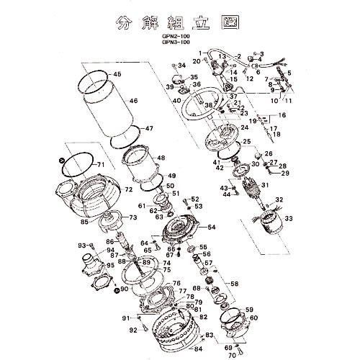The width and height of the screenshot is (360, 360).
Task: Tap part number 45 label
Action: pyautogui.click(x=117, y=75)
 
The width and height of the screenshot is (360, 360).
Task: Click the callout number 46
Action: pyautogui.click(x=133, y=102)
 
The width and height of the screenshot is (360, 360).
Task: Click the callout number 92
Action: pyautogui.click(x=132, y=330)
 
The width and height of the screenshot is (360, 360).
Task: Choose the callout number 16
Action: pyautogui.click(x=282, y=115)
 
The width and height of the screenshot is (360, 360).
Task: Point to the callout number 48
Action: pyautogui.click(x=160, y=158)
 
